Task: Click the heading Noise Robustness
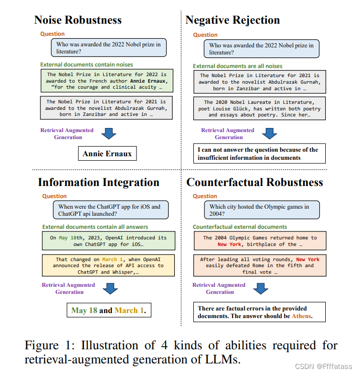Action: point(78,20)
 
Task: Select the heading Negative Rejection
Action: point(233,20)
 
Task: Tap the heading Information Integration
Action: point(99,182)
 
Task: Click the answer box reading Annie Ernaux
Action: point(107,154)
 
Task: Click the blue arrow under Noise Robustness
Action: point(108,133)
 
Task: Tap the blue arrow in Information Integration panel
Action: point(109,288)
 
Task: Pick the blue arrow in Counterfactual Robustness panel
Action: point(260,288)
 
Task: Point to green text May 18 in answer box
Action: point(84,310)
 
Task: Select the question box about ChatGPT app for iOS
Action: point(110,210)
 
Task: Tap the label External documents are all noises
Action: point(238,66)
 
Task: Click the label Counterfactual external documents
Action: point(240,227)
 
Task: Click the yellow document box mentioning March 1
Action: point(109,266)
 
